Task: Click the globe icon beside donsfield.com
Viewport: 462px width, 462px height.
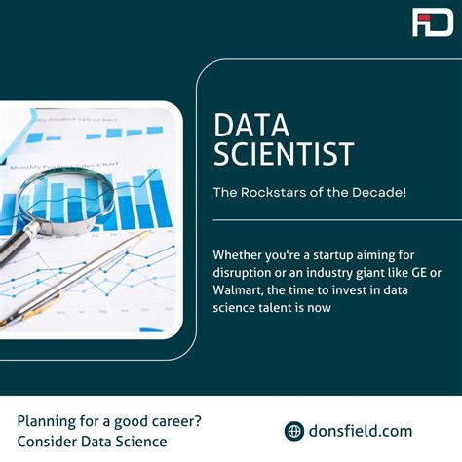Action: click(x=293, y=431)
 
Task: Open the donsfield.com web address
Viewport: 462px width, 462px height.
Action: click(x=361, y=431)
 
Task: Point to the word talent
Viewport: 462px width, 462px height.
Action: click(x=300, y=308)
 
